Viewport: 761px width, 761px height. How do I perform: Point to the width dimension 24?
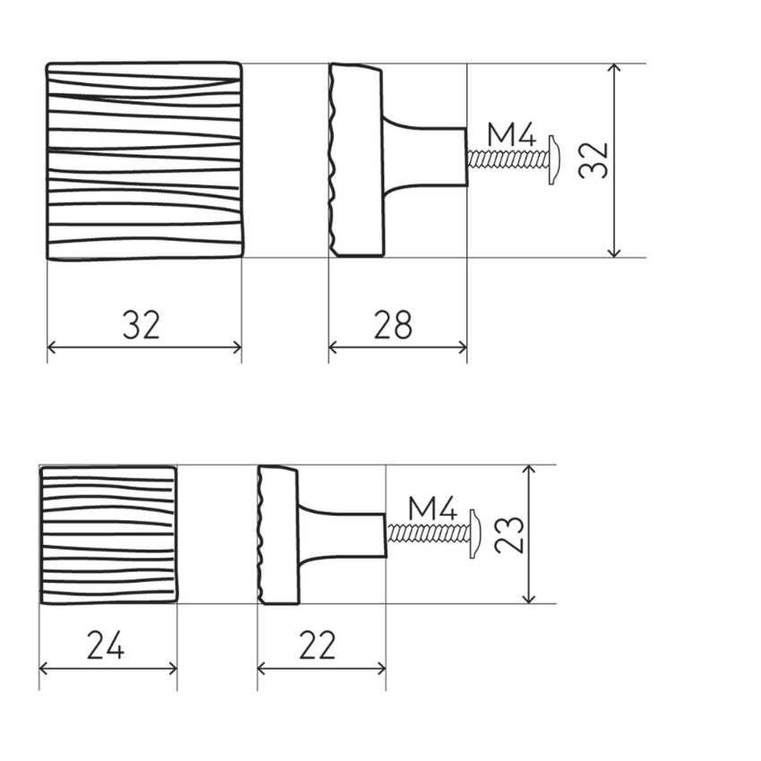pos(106,645)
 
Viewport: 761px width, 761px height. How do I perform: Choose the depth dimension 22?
pos(317,645)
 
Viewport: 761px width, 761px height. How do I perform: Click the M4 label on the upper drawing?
pos(511,136)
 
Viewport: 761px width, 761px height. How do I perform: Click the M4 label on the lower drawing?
pos(432,509)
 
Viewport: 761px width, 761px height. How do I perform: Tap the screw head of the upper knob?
pos(554,160)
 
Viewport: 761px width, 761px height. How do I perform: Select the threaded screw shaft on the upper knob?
pos(507,160)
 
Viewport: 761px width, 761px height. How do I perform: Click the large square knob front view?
pos(144,161)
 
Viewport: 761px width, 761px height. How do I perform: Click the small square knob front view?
pos(108,534)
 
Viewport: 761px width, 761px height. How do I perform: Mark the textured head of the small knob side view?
pos(278,534)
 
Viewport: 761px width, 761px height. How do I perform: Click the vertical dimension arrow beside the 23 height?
pos(530,573)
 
